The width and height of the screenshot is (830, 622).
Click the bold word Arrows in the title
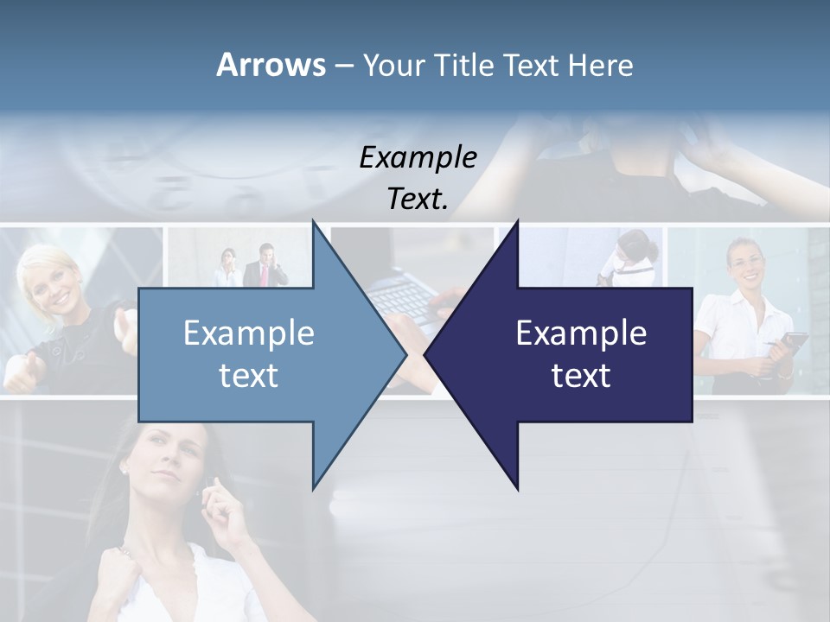click(x=270, y=65)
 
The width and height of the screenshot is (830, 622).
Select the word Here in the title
click(x=601, y=65)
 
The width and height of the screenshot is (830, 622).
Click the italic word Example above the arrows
click(x=418, y=158)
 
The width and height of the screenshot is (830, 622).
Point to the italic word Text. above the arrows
click(x=418, y=200)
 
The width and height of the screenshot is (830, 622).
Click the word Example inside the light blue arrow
click(x=248, y=333)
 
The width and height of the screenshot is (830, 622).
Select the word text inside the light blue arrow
click(x=248, y=376)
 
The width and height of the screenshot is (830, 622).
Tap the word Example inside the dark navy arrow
click(x=581, y=333)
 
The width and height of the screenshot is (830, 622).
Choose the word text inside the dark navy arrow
click(x=581, y=376)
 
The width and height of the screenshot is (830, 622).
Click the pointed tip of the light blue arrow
click(x=405, y=354)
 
